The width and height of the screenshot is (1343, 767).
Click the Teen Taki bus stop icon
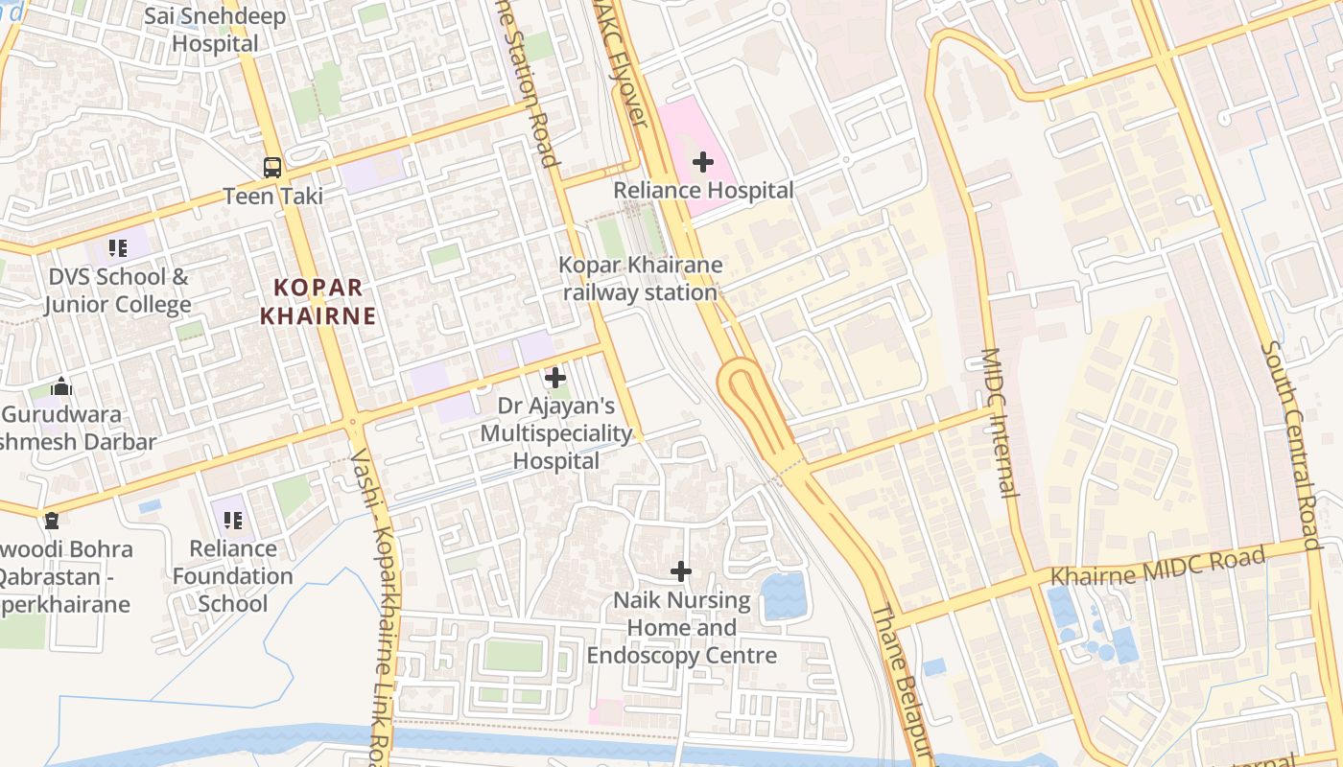(x=272, y=167)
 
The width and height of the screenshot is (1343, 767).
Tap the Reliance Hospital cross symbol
(x=703, y=162)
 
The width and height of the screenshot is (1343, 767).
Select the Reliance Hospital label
(x=703, y=190)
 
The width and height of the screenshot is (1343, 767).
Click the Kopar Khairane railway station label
(x=641, y=278)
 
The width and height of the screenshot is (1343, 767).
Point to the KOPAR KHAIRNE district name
(x=318, y=301)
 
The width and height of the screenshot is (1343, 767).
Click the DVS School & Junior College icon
(x=118, y=249)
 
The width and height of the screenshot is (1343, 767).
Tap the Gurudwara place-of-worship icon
(x=62, y=386)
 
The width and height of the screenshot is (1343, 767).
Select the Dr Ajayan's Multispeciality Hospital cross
(x=555, y=378)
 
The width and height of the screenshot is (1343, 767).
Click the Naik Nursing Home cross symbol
(x=681, y=571)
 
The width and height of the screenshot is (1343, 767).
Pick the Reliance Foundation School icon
(x=232, y=521)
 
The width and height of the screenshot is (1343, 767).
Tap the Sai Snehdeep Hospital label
(x=215, y=30)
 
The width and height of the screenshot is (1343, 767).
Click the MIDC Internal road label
(x=999, y=422)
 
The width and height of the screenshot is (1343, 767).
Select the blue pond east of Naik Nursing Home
(x=784, y=594)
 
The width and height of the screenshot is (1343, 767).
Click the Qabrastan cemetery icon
(x=51, y=521)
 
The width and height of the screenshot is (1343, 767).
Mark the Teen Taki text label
(x=273, y=196)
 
